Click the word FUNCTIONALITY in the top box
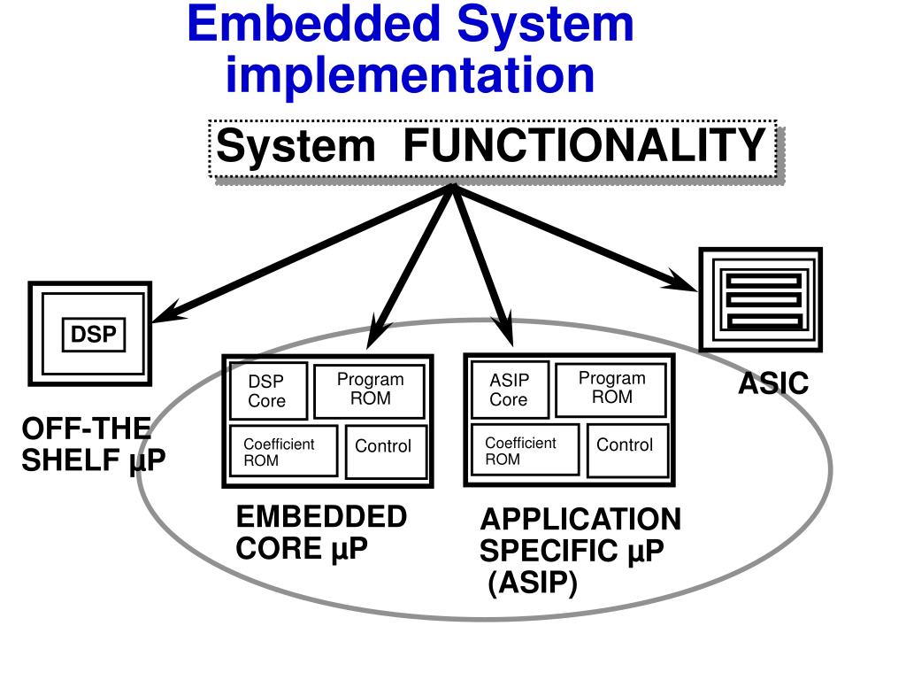point(584,146)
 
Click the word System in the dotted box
point(296,146)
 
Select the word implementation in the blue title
point(410,74)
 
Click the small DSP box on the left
point(93,336)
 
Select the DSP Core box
point(268,390)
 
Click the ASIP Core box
point(510,390)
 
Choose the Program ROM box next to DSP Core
point(369,390)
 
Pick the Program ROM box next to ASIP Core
point(611,388)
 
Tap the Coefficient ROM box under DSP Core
point(282,452)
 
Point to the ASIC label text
point(773,384)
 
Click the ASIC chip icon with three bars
point(761,299)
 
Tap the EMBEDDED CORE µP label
point(320,532)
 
